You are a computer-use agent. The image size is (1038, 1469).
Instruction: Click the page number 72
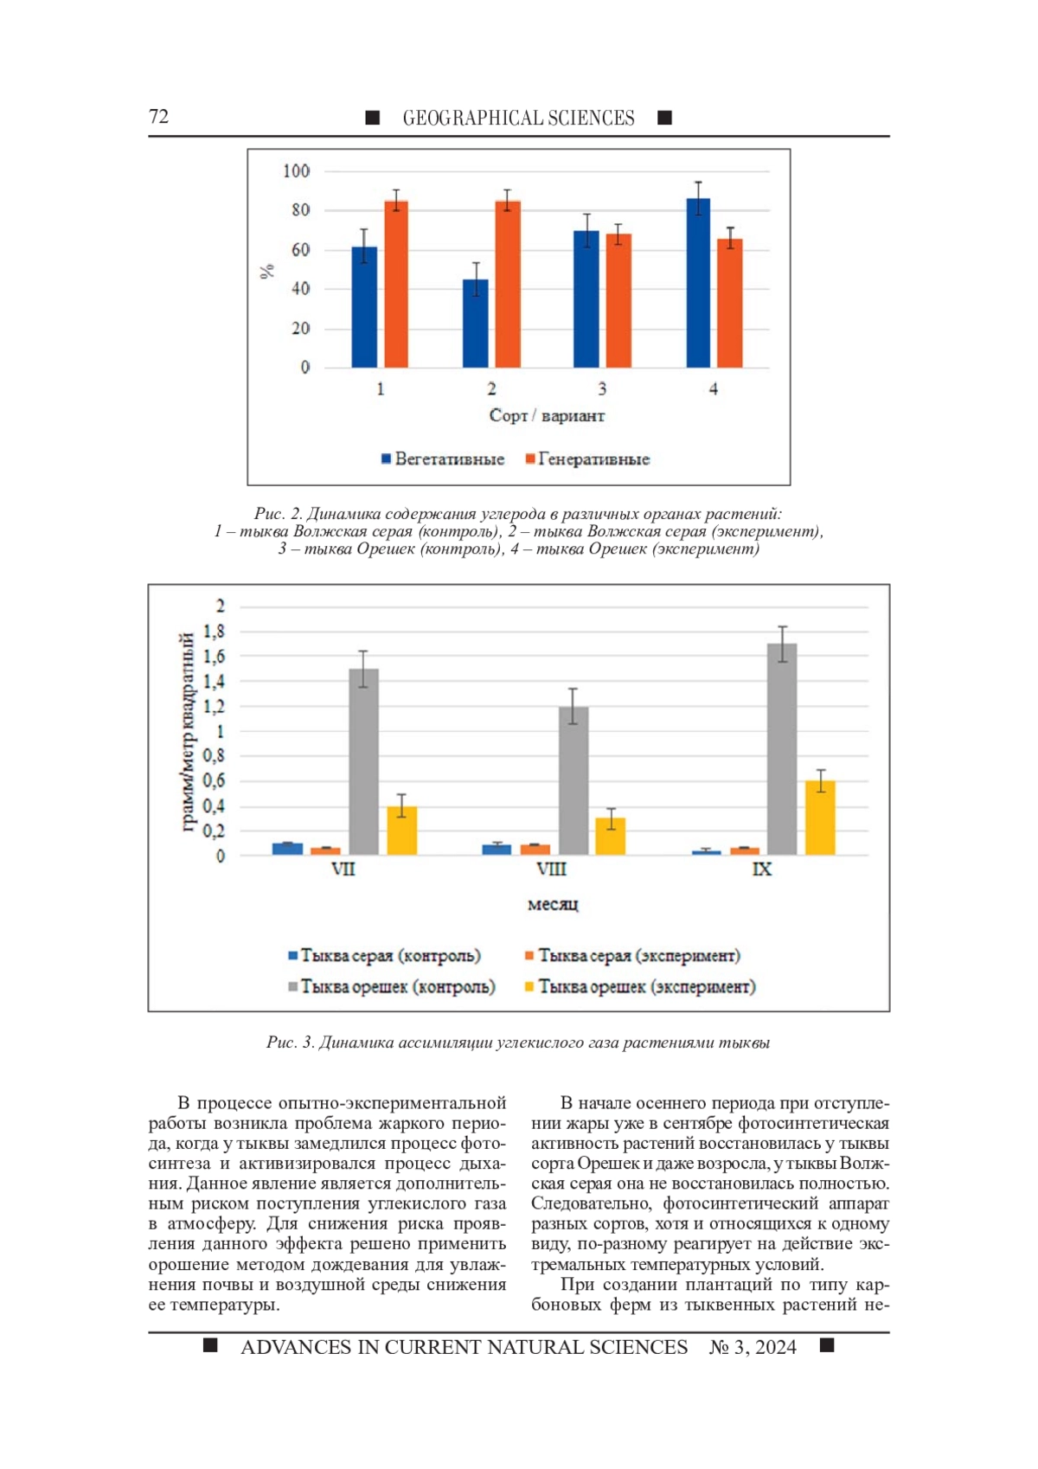(159, 117)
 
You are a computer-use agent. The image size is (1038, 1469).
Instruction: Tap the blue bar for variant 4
(698, 283)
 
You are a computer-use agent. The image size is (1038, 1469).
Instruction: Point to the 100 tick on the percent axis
(297, 171)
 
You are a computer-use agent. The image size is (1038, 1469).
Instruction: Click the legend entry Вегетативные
(443, 459)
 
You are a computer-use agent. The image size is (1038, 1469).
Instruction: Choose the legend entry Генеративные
(587, 459)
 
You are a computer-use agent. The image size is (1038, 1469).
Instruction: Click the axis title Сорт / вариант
(547, 416)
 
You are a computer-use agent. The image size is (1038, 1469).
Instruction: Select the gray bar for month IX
(782, 749)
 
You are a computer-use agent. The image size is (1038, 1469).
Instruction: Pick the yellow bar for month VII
(402, 831)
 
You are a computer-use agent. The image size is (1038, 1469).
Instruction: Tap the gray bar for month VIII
(573, 780)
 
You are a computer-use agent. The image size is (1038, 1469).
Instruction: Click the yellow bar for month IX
(820, 818)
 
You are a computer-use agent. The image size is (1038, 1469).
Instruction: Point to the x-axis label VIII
(551, 869)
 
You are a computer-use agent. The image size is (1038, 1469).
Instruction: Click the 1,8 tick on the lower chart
(215, 632)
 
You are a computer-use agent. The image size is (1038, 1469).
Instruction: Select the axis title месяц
(553, 904)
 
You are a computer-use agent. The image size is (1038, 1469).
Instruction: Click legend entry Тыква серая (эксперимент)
(632, 956)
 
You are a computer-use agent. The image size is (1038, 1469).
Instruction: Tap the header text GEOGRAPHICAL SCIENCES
(518, 119)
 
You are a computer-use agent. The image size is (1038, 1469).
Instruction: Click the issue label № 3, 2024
(753, 1347)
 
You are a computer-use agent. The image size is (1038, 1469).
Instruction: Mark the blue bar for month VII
(287, 849)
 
